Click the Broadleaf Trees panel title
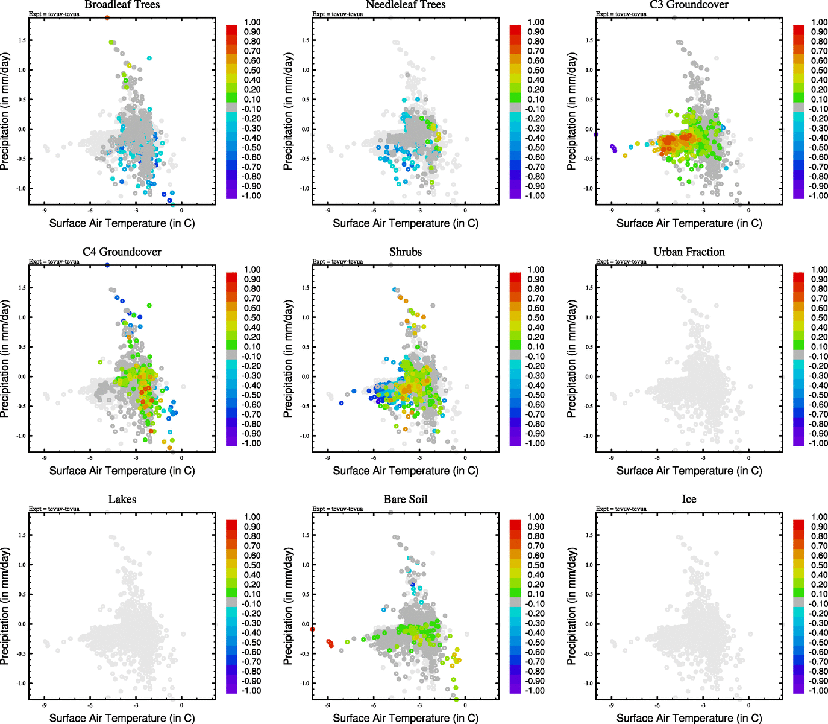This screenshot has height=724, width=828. coord(122,5)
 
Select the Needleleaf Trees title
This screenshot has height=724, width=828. coord(406,5)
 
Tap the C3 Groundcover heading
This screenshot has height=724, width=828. coord(689,5)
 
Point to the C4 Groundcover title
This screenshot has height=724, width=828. coord(122,252)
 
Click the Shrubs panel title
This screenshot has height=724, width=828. coord(406,252)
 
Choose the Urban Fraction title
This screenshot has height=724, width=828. coord(689,252)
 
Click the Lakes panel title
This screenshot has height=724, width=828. coord(122,499)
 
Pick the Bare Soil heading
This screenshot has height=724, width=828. coord(406,499)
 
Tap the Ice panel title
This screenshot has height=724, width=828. coord(689,499)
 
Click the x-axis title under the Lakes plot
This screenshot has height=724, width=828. coord(122,718)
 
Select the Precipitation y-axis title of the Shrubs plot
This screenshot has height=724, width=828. coord(288,359)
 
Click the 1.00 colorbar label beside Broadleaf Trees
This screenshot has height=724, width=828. coord(252,22)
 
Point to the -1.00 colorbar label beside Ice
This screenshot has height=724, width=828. coord(818,691)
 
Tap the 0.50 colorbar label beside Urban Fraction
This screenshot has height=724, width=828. coord(819,318)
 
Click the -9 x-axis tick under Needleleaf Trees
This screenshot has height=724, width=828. coord(328,211)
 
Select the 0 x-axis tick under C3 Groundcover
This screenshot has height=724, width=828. coord(748,211)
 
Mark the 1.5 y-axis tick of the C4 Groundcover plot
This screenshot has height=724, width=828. coord(21,288)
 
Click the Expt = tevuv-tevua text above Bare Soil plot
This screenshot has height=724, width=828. coord(337,509)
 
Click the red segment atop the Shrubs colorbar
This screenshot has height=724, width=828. coord(515,276)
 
